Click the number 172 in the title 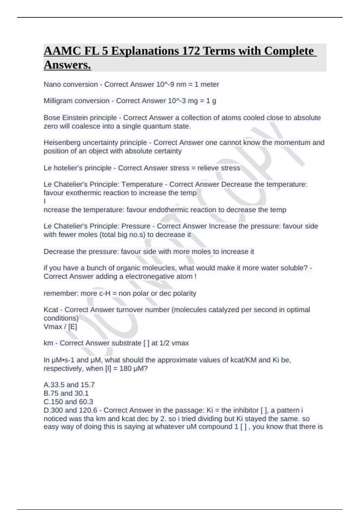[x=191, y=51]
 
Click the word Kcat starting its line [x=51, y=310]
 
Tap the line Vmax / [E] [x=60, y=326]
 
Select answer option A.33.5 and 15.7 [x=69, y=385]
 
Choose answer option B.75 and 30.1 [x=66, y=393]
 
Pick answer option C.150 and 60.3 [x=68, y=401]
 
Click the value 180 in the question [x=125, y=368]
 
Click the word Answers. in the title [x=67, y=65]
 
